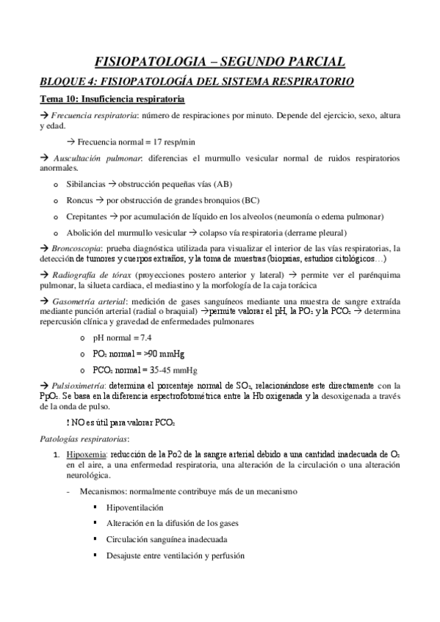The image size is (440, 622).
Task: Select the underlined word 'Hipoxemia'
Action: pyautogui.click(x=85, y=455)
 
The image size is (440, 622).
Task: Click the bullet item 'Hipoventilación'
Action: pyautogui.click(x=134, y=507)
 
